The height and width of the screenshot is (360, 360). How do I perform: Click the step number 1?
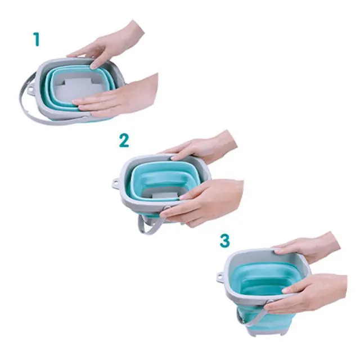click(x=36, y=39)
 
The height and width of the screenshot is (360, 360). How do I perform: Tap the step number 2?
click(x=124, y=141)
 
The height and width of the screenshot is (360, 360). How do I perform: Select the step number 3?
click(x=224, y=241)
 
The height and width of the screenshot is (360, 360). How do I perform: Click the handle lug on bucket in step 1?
click(x=30, y=88)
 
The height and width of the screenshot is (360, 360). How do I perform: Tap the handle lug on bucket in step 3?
click(x=220, y=277)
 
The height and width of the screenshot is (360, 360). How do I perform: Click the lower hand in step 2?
click(x=206, y=202)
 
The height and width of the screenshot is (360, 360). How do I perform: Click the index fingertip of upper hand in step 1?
click(x=93, y=66)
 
